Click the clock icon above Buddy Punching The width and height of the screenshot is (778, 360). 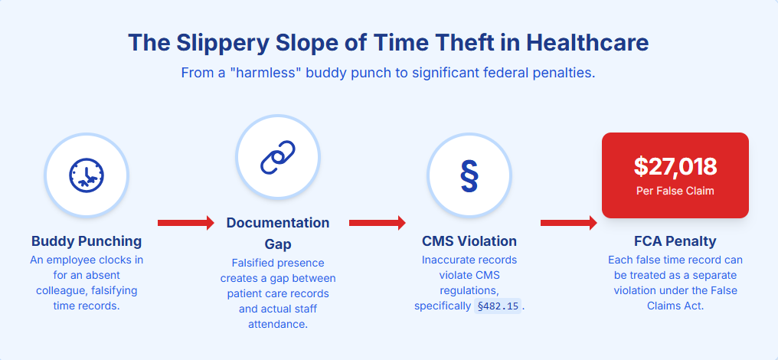[86, 175]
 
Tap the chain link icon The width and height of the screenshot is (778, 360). [277, 157]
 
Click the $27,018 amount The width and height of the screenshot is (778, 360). [675, 166]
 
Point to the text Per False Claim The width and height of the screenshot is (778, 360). [675, 191]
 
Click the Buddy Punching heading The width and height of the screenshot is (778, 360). [87, 241]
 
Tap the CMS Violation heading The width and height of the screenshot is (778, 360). [469, 241]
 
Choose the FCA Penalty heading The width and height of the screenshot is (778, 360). [675, 241]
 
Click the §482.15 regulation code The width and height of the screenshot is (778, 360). [497, 306]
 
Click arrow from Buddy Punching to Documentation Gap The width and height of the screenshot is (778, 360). [185, 223]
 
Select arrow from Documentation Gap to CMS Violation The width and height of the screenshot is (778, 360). [377, 223]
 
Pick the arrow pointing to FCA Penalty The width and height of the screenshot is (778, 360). [568, 223]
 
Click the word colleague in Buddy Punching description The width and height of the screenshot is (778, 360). [63, 291]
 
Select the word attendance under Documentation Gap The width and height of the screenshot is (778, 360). [278, 325]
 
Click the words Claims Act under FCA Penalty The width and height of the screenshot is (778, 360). [675, 306]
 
